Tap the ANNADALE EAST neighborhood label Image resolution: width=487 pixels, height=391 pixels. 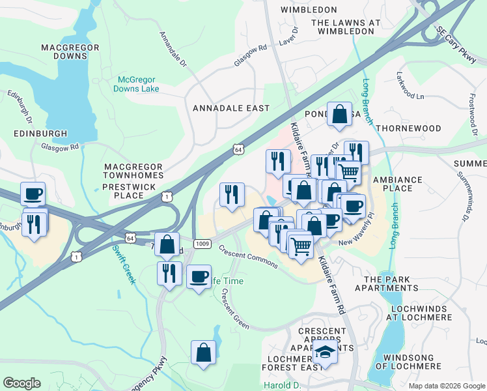231,108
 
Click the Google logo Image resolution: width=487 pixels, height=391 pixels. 21,383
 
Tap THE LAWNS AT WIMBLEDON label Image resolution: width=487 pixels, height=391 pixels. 345,27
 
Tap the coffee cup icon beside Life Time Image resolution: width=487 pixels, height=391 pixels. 199,276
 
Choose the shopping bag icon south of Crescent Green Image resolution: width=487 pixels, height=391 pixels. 203,353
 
